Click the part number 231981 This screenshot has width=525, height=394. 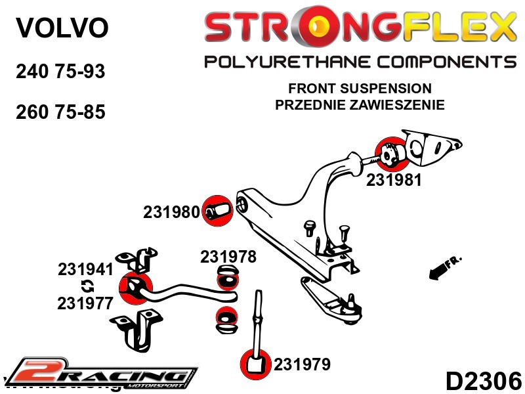click(394, 179)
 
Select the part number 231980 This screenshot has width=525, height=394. click(171, 212)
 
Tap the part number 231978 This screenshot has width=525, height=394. click(228, 257)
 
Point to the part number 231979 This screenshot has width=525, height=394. click(302, 364)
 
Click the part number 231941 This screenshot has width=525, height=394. click(85, 269)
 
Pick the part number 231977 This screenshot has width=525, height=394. click(85, 303)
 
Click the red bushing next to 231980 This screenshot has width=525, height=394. click(216, 211)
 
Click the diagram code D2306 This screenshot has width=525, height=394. click(484, 380)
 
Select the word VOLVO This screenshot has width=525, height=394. click(61, 28)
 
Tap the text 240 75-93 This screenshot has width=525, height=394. click(60, 72)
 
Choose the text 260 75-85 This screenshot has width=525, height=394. click(60, 112)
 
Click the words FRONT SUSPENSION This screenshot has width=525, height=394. click(360, 89)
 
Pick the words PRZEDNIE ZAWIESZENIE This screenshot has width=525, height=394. click(360, 104)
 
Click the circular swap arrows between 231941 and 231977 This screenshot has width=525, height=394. click(86, 286)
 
